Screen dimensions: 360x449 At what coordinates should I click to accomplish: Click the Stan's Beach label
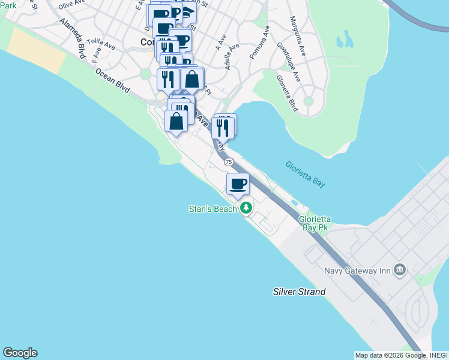point(213,209)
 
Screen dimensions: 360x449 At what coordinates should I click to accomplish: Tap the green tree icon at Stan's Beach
point(246,208)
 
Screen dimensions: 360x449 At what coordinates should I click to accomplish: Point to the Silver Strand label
point(299,292)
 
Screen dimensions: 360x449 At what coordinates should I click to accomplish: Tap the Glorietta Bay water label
point(305,175)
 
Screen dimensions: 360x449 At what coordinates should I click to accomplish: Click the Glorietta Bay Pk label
point(315,224)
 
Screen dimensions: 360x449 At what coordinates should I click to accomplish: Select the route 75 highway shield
point(229,162)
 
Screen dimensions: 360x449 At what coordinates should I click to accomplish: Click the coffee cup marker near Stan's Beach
point(238,184)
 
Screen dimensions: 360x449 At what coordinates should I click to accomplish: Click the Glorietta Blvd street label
point(287,93)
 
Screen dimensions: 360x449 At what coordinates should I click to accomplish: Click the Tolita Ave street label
point(100,43)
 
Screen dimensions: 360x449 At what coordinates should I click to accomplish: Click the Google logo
point(20,353)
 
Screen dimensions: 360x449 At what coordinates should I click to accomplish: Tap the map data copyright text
point(400,355)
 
